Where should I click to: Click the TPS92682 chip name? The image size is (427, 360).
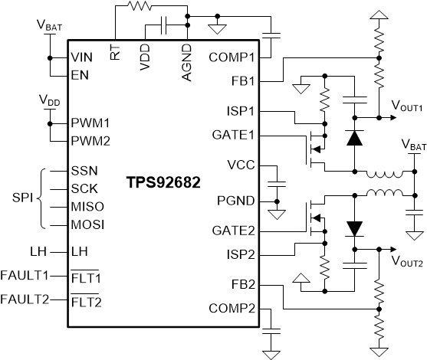[163, 185]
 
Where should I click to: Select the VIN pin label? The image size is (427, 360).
[81, 57]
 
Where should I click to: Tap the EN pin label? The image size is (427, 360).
[79, 75]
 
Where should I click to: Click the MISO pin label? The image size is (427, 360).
[88, 207]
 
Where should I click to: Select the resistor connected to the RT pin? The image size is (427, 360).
[140, 7]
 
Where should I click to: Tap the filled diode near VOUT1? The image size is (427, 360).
[354, 138]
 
